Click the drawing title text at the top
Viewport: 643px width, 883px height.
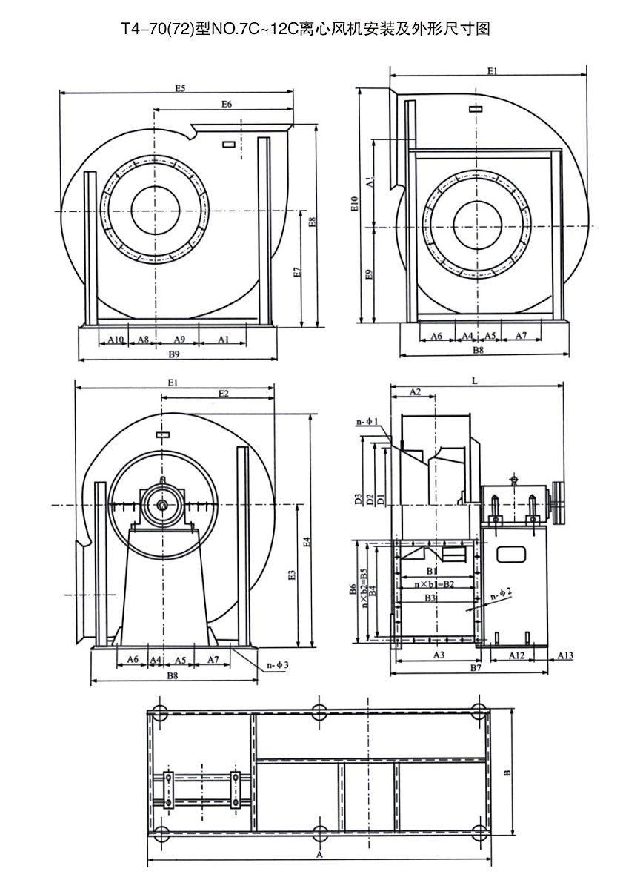tap(305, 29)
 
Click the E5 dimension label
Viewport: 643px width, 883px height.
tap(180, 88)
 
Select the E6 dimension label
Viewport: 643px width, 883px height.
tap(227, 105)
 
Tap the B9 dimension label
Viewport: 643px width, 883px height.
tap(174, 354)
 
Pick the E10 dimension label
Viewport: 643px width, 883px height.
tap(356, 204)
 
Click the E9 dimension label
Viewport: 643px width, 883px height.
tap(369, 275)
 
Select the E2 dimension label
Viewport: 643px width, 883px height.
tap(223, 394)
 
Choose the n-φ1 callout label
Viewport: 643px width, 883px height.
tap(367, 423)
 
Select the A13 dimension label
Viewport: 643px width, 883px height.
tap(565, 655)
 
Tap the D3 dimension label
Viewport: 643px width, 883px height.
tap(358, 498)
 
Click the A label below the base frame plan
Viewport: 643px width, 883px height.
tap(319, 855)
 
